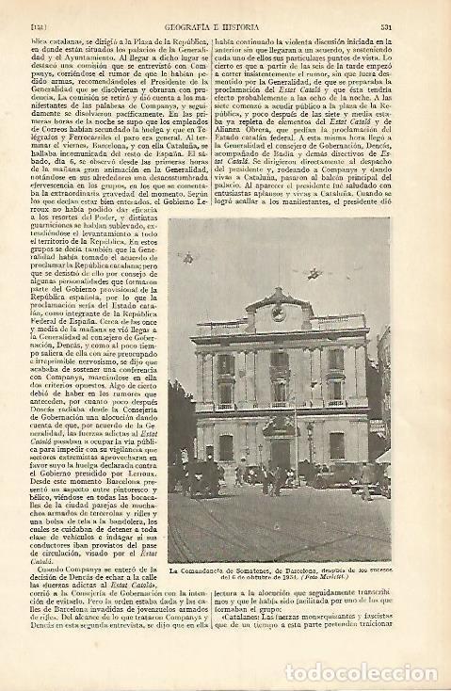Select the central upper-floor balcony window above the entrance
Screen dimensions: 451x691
pyautogui.click(x=280, y=386)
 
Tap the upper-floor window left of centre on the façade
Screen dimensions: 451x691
pyautogui.click(x=226, y=388)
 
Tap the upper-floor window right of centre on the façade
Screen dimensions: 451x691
pyautogui.click(x=335, y=387)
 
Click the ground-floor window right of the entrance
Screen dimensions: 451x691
pyautogui.click(x=336, y=445)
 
